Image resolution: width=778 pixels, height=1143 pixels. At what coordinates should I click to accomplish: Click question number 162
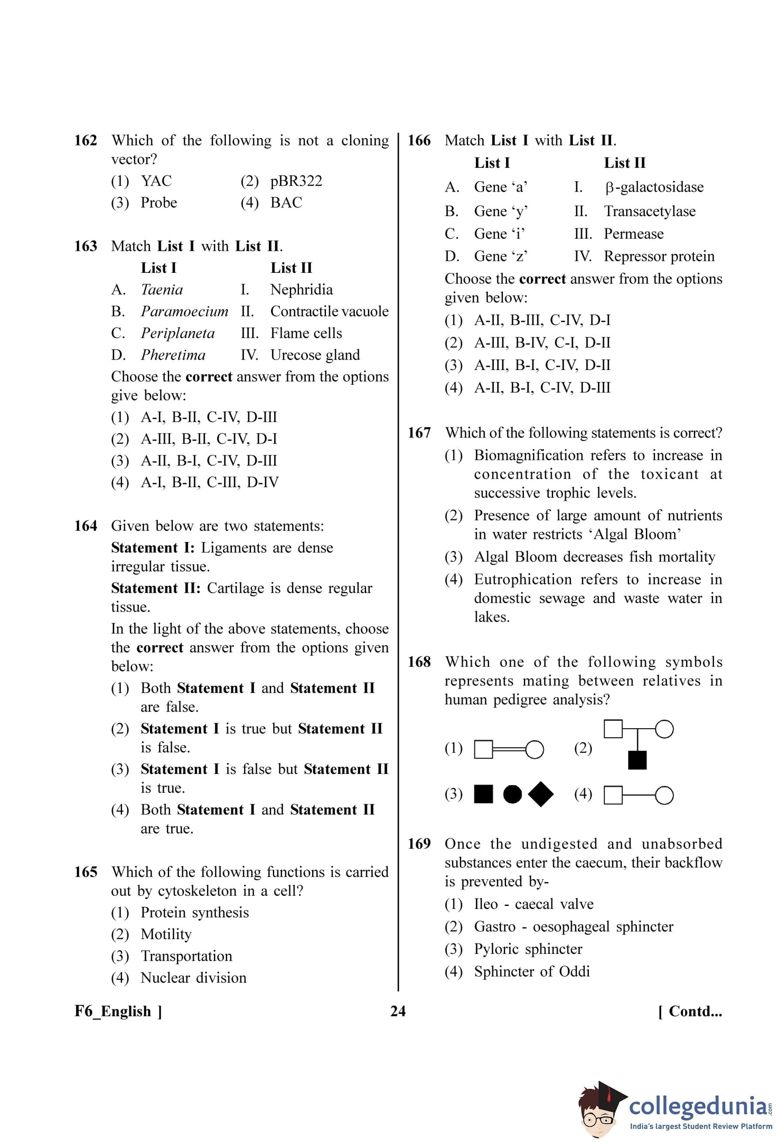pyautogui.click(x=85, y=141)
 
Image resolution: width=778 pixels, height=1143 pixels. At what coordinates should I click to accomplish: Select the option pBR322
pyautogui.click(x=296, y=181)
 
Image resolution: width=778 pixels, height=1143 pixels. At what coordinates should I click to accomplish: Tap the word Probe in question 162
pyautogui.click(x=159, y=203)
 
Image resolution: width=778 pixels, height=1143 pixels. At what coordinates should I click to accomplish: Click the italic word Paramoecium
pyautogui.click(x=184, y=311)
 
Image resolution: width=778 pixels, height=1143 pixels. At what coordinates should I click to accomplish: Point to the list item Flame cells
pyautogui.click(x=306, y=333)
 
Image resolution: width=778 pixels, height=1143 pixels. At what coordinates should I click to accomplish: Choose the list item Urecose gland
pyautogui.click(x=315, y=355)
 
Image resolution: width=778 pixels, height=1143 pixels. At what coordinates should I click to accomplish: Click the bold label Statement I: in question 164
pyautogui.click(x=153, y=548)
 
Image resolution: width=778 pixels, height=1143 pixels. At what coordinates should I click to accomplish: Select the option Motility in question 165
pyautogui.click(x=166, y=934)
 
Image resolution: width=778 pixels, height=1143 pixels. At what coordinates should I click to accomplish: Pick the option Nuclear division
pyautogui.click(x=193, y=977)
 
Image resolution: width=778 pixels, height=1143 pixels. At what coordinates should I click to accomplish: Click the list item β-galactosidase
pyautogui.click(x=654, y=187)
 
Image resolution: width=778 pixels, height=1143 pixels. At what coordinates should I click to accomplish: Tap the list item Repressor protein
pyautogui.click(x=659, y=256)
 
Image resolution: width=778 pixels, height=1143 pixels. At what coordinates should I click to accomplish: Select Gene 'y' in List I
pyautogui.click(x=501, y=211)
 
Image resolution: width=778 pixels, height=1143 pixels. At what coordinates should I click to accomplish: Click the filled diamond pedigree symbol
pyautogui.click(x=540, y=794)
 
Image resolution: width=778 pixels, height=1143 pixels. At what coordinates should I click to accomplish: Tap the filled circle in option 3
pyautogui.click(x=513, y=794)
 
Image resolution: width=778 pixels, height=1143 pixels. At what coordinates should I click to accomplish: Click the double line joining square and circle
pyautogui.click(x=509, y=750)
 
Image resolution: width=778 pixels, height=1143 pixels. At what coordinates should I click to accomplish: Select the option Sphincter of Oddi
pyautogui.click(x=532, y=971)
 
